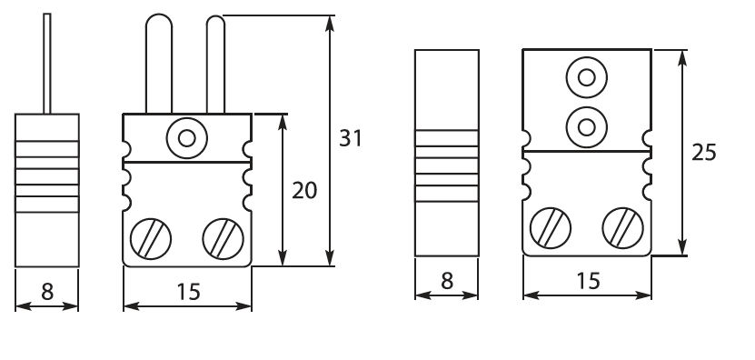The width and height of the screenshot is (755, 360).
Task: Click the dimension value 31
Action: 350,138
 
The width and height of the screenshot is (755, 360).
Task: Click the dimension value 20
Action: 304,191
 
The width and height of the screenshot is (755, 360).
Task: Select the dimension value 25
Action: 704,153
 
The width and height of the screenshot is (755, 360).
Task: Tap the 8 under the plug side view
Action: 47,292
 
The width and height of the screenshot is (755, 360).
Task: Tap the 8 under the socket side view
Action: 447,281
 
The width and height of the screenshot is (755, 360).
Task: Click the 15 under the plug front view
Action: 188,292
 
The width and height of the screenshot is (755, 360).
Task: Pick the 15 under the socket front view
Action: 588,281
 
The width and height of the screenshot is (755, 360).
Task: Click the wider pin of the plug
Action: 159,64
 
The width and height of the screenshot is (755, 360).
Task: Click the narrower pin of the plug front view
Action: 215,65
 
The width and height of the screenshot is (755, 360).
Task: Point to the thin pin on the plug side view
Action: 47,64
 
